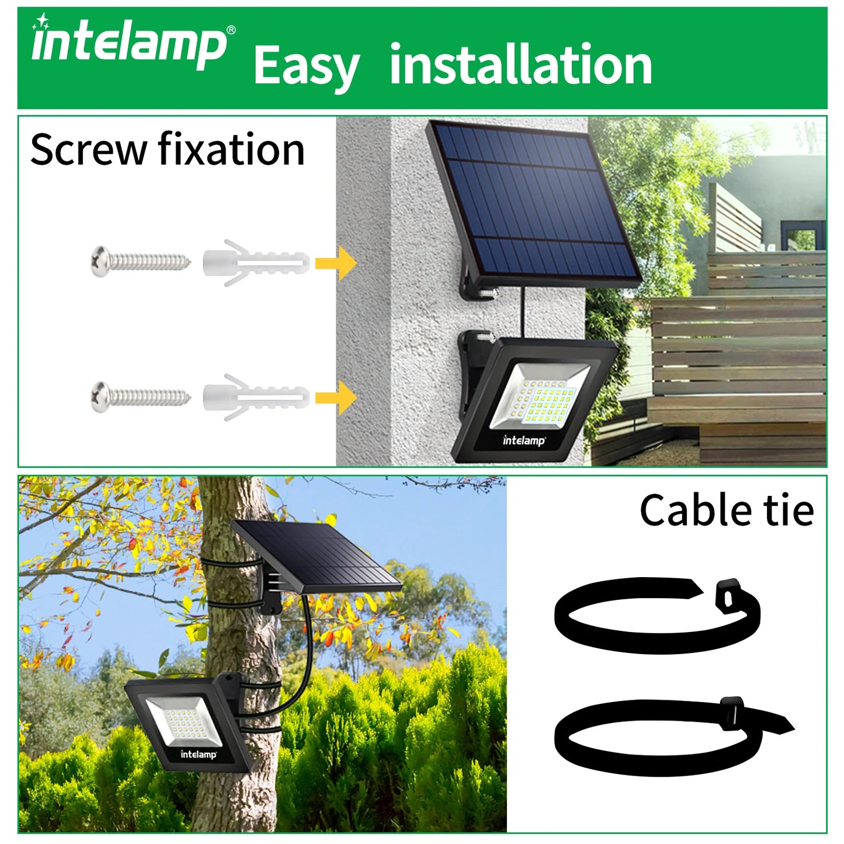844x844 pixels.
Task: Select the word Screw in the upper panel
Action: point(88,150)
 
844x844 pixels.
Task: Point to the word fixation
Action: point(231,150)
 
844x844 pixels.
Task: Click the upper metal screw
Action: point(140,261)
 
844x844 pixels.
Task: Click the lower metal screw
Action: point(140,397)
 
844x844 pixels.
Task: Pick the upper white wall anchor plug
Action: point(255,263)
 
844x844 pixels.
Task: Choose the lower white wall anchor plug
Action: point(255,398)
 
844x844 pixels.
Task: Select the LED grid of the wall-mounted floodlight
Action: point(548,401)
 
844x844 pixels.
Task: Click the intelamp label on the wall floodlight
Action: point(524,440)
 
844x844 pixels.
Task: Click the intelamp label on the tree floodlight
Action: point(198,754)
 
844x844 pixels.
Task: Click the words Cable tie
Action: point(726,510)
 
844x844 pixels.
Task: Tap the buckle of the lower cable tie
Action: point(732,713)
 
